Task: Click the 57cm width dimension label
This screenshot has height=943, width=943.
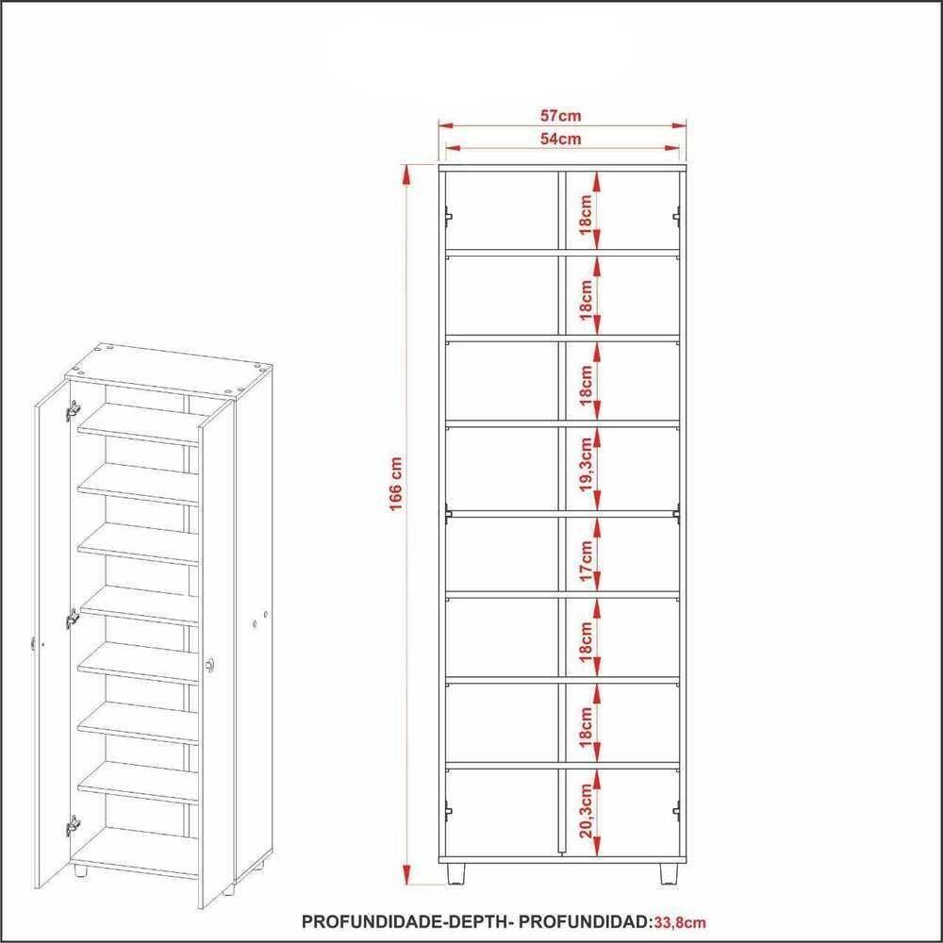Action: [x=560, y=116]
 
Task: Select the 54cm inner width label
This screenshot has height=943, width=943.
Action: [x=560, y=139]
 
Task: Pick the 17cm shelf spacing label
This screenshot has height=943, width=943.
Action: [x=586, y=560]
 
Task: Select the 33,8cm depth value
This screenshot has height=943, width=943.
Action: [x=686, y=920]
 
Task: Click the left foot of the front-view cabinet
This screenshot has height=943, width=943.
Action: [x=456, y=872]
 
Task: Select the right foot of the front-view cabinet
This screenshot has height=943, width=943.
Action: [x=669, y=872]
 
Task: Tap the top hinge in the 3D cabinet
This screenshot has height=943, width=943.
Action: [x=73, y=411]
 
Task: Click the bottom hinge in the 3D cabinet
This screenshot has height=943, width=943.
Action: [x=73, y=827]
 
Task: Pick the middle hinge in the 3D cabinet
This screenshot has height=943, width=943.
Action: [x=73, y=620]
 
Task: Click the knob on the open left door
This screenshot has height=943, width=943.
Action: [x=35, y=643]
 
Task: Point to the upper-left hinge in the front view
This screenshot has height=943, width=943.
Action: [x=449, y=216]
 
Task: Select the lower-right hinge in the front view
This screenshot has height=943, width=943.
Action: [x=676, y=810]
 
